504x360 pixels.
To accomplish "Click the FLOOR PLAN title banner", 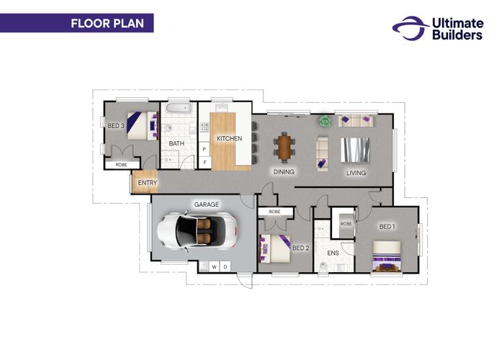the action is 76,23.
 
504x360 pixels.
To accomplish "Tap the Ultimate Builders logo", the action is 438,28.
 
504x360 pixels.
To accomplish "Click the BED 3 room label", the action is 116,126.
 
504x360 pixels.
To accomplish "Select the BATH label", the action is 176,143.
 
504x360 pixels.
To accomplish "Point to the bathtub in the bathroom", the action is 179,108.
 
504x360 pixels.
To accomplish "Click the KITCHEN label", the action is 229,138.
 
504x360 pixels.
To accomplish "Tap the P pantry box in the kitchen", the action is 204,149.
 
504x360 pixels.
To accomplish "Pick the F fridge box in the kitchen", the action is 204,162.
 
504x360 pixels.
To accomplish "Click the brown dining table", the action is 284,147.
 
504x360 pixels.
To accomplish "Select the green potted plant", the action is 325,121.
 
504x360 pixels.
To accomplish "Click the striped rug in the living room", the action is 355,150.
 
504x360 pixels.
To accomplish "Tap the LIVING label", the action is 356,173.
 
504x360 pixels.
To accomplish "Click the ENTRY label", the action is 148,183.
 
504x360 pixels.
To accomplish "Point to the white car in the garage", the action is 197,231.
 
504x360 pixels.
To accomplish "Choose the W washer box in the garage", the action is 215,267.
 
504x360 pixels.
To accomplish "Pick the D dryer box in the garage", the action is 225,267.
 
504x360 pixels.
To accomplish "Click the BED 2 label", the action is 301,248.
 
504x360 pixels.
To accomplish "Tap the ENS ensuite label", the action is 333,253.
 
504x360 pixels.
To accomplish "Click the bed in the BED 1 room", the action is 387,256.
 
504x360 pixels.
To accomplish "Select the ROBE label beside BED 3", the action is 121,165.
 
